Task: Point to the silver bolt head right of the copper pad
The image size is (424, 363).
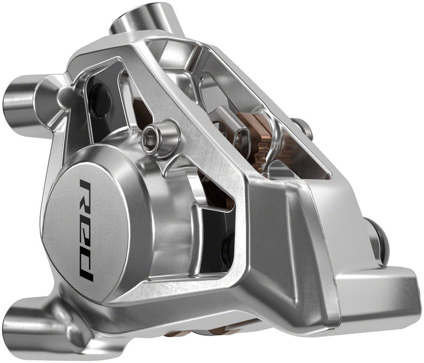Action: pos(303,127)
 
